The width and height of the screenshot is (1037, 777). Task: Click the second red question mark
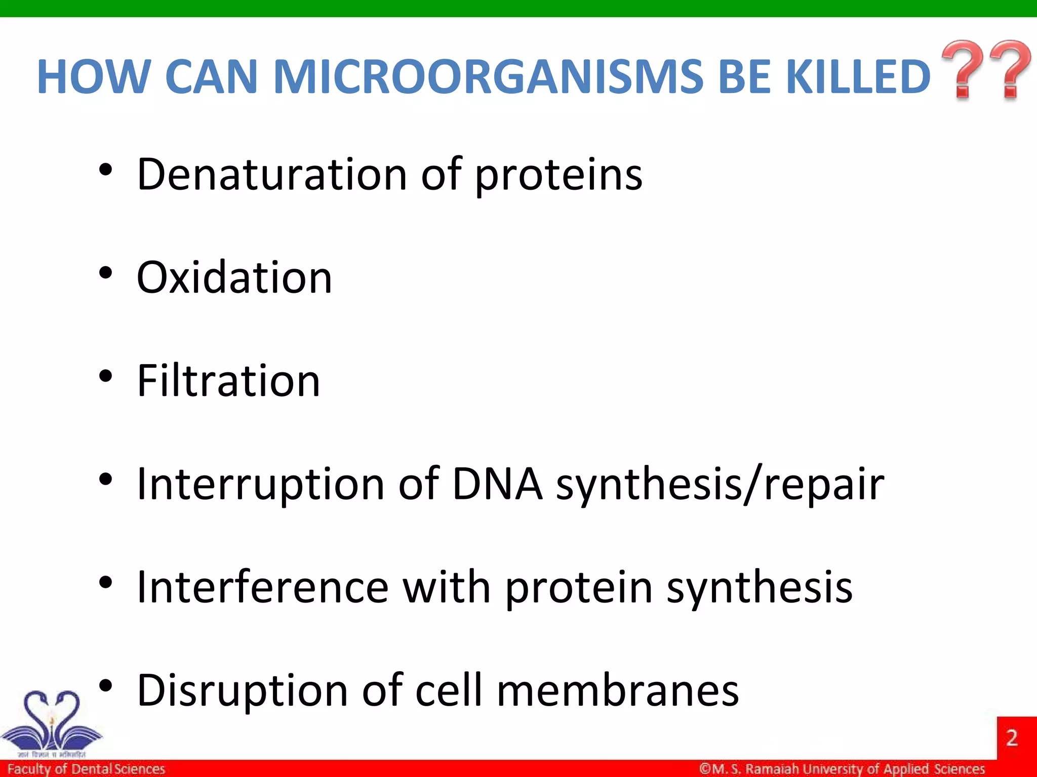(1009, 69)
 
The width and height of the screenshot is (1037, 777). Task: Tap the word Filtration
(229, 380)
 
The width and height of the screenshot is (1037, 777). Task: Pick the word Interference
(263, 587)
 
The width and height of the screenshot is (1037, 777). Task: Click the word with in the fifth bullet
(447, 587)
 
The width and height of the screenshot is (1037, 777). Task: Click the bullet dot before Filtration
(105, 376)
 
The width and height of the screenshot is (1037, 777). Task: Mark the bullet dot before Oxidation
(105, 273)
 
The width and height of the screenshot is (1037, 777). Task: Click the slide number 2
(1012, 738)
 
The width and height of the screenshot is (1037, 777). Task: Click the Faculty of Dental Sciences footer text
(86, 769)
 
